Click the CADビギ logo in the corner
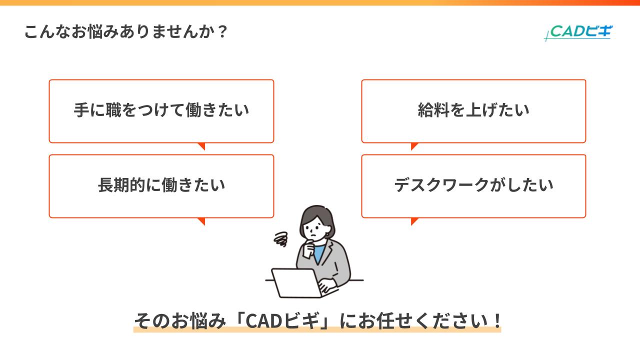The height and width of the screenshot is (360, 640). tap(578, 32)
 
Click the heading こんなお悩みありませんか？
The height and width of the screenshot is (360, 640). tap(126, 32)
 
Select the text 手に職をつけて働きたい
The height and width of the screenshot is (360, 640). tap(161, 110)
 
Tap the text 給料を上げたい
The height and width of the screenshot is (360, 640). tap(473, 110)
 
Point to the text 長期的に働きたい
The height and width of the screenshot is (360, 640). tap(161, 185)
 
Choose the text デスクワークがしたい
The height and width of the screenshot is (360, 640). tap(473, 185)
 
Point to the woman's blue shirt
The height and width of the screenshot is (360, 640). tap(318, 252)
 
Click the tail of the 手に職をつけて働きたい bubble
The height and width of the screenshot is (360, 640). tap(201, 146)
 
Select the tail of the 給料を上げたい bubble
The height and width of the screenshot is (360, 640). tap(414, 146)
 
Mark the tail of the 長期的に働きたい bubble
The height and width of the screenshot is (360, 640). tap(201, 221)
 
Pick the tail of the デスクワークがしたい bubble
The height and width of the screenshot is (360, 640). tap(414, 221)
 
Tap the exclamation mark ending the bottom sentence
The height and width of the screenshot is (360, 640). tap(496, 320)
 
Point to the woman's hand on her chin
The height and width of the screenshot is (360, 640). tap(310, 244)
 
